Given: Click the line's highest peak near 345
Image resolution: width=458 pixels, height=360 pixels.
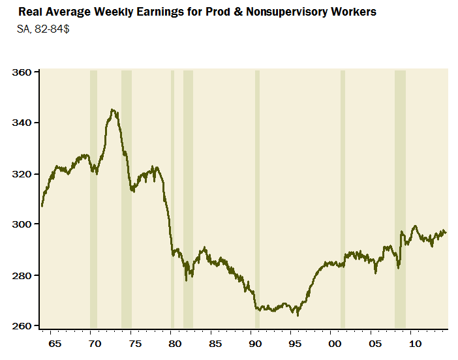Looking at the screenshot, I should (114, 110).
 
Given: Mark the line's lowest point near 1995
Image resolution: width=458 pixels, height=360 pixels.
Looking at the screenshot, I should (298, 315).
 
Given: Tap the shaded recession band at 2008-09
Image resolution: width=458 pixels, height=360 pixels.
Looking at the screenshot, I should (400, 196).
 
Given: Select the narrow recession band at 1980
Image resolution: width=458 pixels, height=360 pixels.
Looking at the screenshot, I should (172, 196).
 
